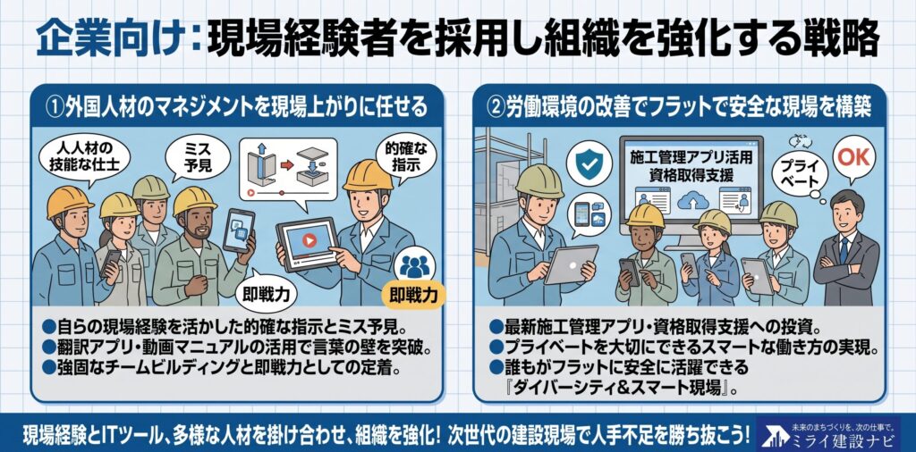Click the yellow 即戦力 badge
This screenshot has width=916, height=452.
[413, 295]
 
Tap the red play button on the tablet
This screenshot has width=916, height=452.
[309, 240]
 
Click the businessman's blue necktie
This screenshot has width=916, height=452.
[844, 248]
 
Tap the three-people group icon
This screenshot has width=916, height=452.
[414, 266]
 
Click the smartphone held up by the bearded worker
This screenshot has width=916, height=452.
[238, 230]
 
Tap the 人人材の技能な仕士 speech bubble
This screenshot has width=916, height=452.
[85, 155]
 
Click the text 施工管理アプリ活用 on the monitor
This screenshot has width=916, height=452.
[691, 156]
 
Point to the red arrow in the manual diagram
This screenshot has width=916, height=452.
[286, 165]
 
